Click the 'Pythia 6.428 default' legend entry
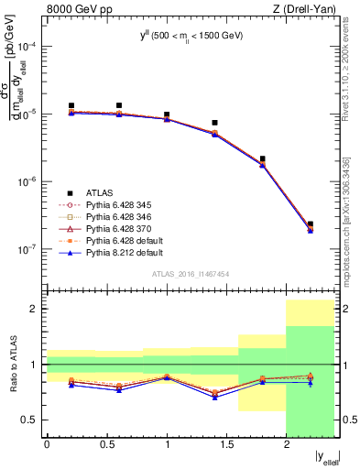pos(127,241)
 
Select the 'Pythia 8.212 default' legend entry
pos(127,253)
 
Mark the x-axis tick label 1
pos(167,446)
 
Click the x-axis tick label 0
pos(47,446)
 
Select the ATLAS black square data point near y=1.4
pos(214,123)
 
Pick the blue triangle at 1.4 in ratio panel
pos(214,398)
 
